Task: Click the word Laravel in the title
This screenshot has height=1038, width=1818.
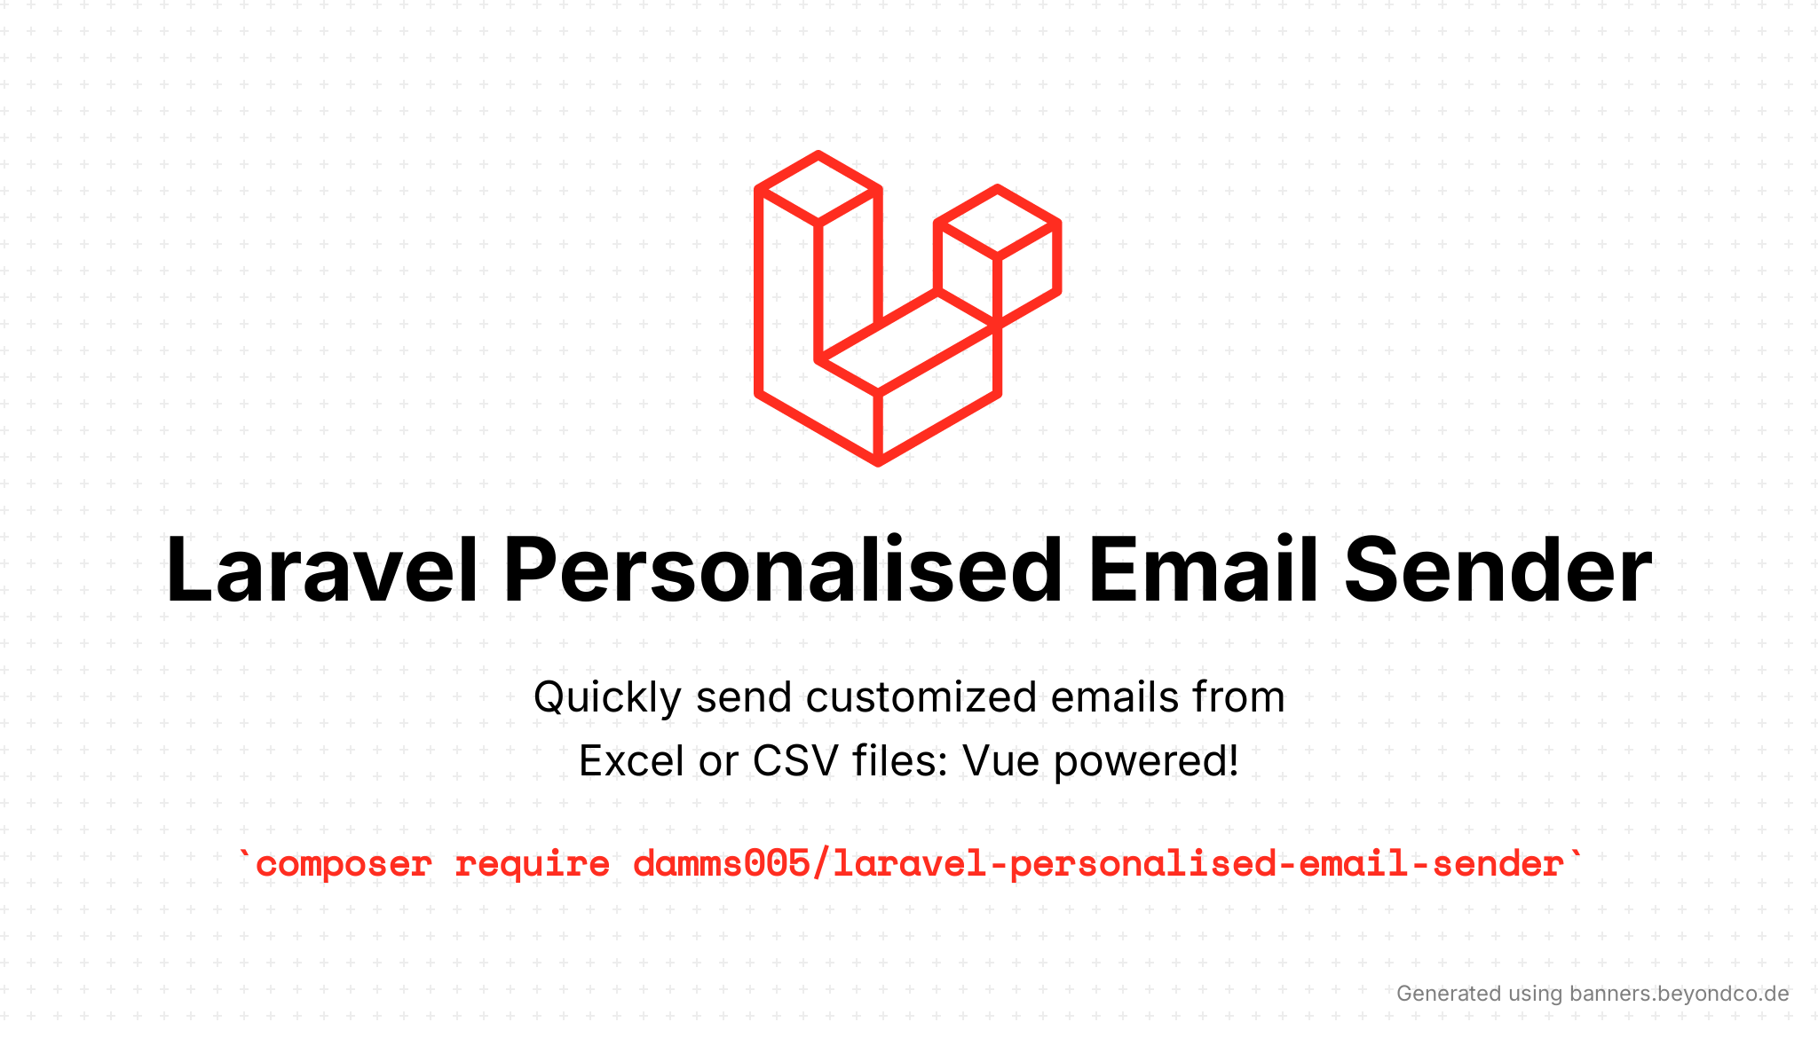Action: click(322, 570)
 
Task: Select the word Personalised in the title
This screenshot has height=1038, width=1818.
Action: click(783, 570)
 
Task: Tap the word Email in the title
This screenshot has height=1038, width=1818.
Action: click(1203, 570)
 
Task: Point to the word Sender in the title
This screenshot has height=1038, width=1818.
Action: click(1498, 570)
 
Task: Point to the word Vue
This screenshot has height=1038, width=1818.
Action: click(1001, 761)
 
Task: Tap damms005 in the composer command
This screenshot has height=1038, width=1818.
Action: click(722, 863)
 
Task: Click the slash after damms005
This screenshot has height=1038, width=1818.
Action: click(821, 863)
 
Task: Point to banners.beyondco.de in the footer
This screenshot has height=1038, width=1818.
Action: click(1680, 994)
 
